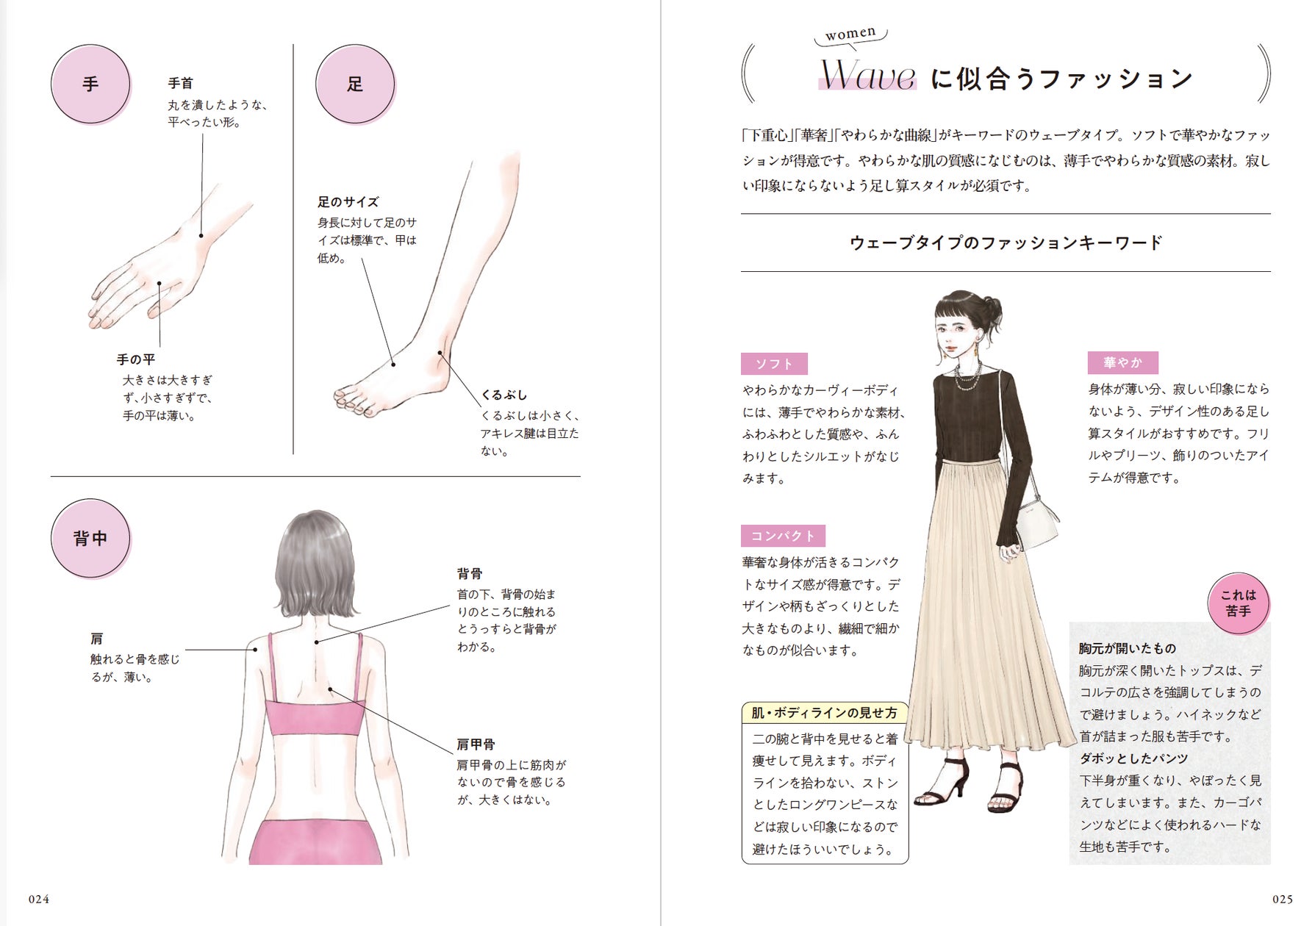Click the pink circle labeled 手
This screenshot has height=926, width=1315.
pyautogui.click(x=90, y=84)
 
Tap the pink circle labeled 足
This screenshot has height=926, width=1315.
pyautogui.click(x=355, y=84)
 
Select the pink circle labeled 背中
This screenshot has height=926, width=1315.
pyautogui.click(x=90, y=538)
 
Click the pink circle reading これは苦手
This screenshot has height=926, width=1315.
pyautogui.click(x=1239, y=603)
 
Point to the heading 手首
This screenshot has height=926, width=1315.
pyautogui.click(x=181, y=83)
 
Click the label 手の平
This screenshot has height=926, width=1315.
pyautogui.click(x=136, y=359)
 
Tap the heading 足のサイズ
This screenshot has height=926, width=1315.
pyautogui.click(x=348, y=202)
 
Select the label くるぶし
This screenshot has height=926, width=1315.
pyautogui.click(x=504, y=395)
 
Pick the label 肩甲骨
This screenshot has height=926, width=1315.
pyautogui.click(x=476, y=744)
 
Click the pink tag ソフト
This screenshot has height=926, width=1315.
pyautogui.click(x=774, y=364)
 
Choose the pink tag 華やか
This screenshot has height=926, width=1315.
pyautogui.click(x=1123, y=362)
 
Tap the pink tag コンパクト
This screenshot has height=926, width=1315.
pyautogui.click(x=783, y=536)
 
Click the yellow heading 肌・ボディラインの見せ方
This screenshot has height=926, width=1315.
pyautogui.click(x=824, y=713)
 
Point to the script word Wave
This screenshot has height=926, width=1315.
pyautogui.click(x=868, y=75)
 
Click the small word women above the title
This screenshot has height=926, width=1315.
pyautogui.click(x=850, y=34)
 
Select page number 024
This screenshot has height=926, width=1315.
pyautogui.click(x=39, y=899)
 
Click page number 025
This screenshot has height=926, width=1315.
pyautogui.click(x=1283, y=899)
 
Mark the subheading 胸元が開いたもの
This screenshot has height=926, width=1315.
pyautogui.click(x=1128, y=648)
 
